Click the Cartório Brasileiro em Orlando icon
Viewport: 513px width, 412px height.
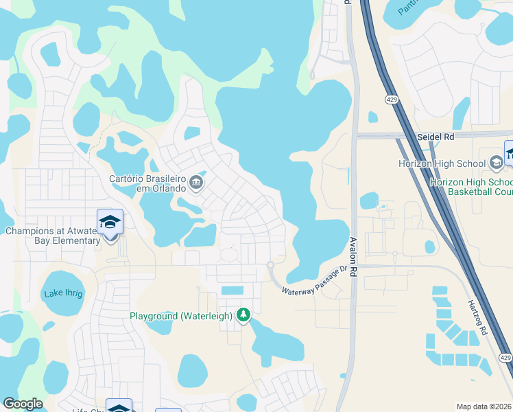(x=197, y=183)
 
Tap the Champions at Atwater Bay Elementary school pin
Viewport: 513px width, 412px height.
(x=110, y=222)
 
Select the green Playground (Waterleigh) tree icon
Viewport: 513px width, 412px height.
(x=243, y=315)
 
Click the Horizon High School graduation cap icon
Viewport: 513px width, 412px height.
(x=497, y=163)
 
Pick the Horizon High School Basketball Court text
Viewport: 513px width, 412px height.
(x=470, y=187)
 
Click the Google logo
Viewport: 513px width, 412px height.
(x=23, y=404)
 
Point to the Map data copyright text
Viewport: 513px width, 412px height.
(x=484, y=407)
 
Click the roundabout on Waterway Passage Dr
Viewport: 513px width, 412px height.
(x=270, y=266)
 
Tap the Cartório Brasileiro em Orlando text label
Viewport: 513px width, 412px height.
(x=147, y=183)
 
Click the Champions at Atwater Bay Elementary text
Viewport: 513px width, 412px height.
(x=53, y=236)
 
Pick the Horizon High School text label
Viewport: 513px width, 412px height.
(x=443, y=163)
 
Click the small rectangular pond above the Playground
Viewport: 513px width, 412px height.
(x=232, y=291)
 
